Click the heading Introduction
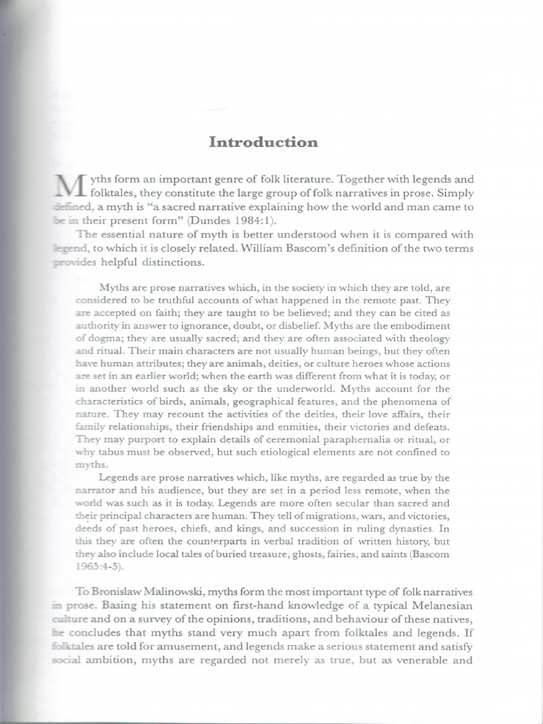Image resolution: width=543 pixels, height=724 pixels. (264, 142)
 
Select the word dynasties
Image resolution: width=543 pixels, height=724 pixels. (400, 528)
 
